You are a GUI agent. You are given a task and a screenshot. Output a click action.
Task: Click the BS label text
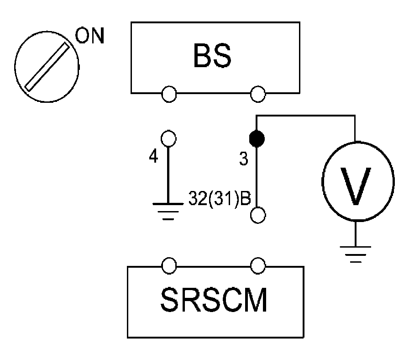(212, 56)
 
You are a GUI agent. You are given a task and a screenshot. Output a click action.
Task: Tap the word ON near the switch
(89, 37)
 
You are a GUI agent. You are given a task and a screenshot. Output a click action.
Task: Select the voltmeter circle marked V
(357, 186)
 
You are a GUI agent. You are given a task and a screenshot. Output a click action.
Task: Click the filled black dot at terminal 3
(257, 138)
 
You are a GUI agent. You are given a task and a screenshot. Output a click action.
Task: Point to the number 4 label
(154, 157)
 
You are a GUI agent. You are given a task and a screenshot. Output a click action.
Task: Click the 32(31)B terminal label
(219, 200)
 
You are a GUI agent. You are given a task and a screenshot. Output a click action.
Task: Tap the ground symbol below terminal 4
(168, 211)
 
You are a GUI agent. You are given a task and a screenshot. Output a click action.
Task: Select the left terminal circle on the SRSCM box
(169, 265)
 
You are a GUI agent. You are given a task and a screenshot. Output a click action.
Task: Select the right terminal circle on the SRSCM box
(258, 265)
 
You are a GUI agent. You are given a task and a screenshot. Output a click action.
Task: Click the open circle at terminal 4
(169, 137)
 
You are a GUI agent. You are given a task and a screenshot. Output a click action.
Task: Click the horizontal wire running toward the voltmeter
(306, 116)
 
